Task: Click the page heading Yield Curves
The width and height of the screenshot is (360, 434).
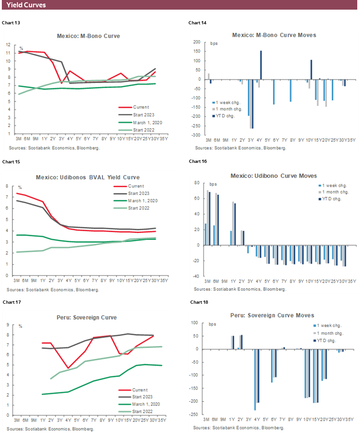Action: (x=26, y=5)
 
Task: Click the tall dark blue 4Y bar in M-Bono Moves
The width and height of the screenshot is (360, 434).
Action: (x=261, y=65)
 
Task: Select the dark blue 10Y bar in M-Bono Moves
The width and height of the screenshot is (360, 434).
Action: (x=311, y=69)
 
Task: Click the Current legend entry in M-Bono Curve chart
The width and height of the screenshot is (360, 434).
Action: (x=139, y=106)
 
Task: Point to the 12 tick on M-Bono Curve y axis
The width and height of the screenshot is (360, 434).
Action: (x=8, y=45)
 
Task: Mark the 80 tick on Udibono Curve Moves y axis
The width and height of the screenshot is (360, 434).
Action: (x=196, y=183)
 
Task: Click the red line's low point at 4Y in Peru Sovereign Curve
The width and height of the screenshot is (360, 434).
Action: (x=68, y=368)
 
